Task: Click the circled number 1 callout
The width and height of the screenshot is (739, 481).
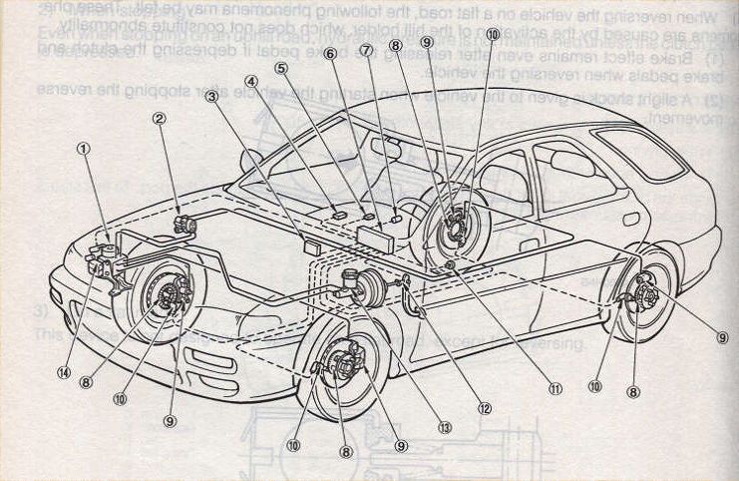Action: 83,150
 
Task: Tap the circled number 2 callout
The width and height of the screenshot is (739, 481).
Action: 159,119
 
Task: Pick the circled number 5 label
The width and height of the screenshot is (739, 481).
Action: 282,68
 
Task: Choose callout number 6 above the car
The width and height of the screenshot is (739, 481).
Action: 329,56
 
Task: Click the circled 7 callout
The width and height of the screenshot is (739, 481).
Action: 366,50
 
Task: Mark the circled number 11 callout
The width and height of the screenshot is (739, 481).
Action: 554,389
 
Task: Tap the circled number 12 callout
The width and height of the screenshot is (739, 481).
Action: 485,407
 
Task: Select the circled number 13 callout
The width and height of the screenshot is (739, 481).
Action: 445,427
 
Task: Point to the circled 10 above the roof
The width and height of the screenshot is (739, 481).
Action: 494,34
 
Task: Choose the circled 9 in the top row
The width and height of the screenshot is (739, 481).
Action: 426,42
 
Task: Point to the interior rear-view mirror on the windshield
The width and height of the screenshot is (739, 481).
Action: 380,148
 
